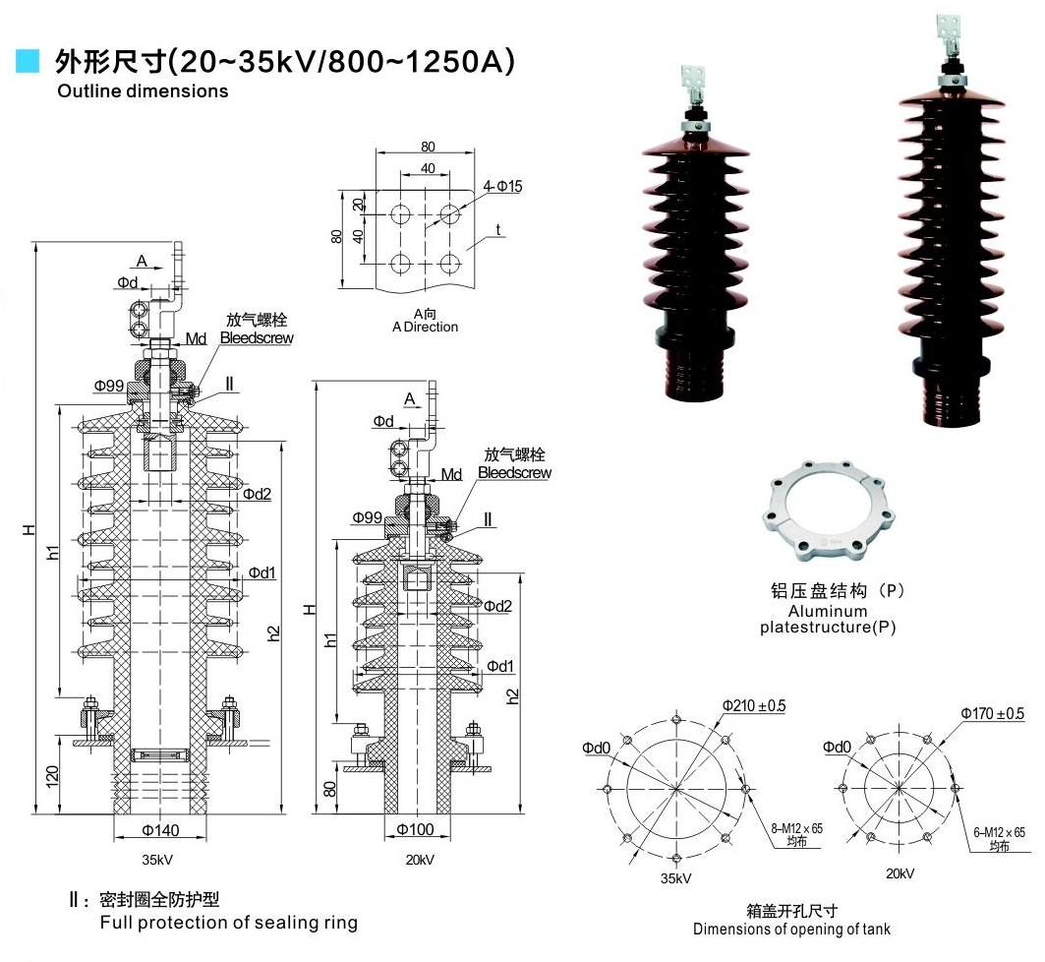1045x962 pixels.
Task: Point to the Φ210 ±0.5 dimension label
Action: click(753, 706)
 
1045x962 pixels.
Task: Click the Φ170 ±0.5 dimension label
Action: click(992, 713)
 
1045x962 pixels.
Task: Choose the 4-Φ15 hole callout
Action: click(502, 186)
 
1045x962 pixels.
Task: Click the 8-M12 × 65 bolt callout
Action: click(796, 829)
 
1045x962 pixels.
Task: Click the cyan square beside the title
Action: click(29, 61)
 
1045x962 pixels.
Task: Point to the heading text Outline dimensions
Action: click(143, 91)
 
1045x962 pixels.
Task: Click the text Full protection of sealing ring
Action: click(228, 923)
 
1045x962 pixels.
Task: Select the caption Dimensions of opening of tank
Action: click(791, 930)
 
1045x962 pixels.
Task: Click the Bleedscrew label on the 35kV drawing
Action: click(257, 338)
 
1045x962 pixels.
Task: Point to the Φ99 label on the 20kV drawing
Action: click(367, 517)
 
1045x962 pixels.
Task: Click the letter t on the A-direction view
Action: click(498, 230)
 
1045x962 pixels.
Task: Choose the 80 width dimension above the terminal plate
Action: click(428, 147)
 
